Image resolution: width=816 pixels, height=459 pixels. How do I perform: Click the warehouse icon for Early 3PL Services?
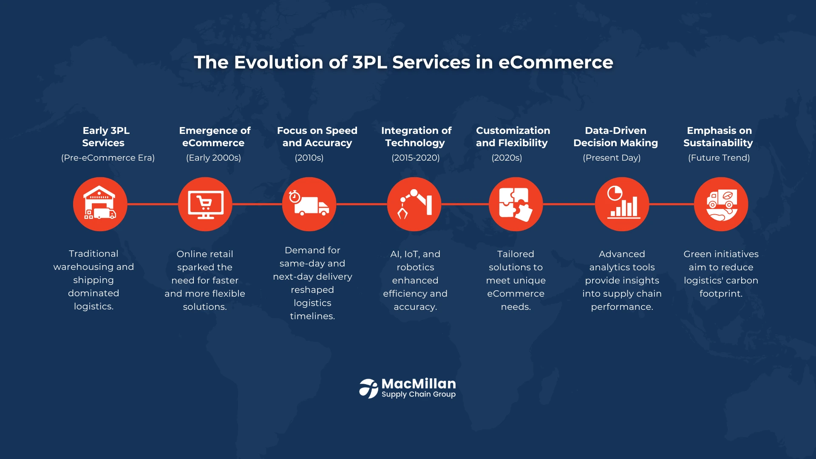pyautogui.click(x=100, y=204)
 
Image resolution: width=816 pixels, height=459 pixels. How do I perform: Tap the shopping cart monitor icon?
pyautogui.click(x=205, y=204)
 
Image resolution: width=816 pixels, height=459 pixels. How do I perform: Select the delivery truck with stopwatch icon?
pyautogui.click(x=309, y=204)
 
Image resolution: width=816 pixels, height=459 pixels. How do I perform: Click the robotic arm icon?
pyautogui.click(x=414, y=204)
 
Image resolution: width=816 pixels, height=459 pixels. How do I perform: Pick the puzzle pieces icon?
pyautogui.click(x=516, y=204)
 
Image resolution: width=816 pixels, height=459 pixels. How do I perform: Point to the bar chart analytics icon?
pyautogui.click(x=622, y=204)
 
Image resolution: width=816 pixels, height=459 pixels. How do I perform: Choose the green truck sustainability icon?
pyautogui.click(x=721, y=204)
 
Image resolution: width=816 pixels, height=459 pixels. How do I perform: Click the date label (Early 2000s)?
pyautogui.click(x=213, y=158)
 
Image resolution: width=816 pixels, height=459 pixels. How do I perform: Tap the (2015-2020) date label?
pyautogui.click(x=416, y=158)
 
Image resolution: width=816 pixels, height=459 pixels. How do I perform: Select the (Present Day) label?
pyautogui.click(x=612, y=158)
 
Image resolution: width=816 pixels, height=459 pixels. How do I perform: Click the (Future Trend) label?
pyautogui.click(x=719, y=158)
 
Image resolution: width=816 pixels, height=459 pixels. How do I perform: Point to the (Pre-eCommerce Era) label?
pyautogui.click(x=108, y=158)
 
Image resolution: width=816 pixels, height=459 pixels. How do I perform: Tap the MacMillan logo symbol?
pyautogui.click(x=368, y=388)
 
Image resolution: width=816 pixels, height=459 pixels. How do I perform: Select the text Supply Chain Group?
pyautogui.click(x=419, y=394)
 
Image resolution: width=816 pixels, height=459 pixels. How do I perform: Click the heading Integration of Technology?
pyautogui.click(x=416, y=136)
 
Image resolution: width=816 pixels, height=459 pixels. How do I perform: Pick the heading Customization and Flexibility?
pyautogui.click(x=513, y=136)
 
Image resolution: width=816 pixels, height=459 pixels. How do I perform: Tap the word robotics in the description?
pyautogui.click(x=415, y=267)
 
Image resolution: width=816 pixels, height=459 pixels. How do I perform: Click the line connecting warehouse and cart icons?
pyautogui.click(x=153, y=204)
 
